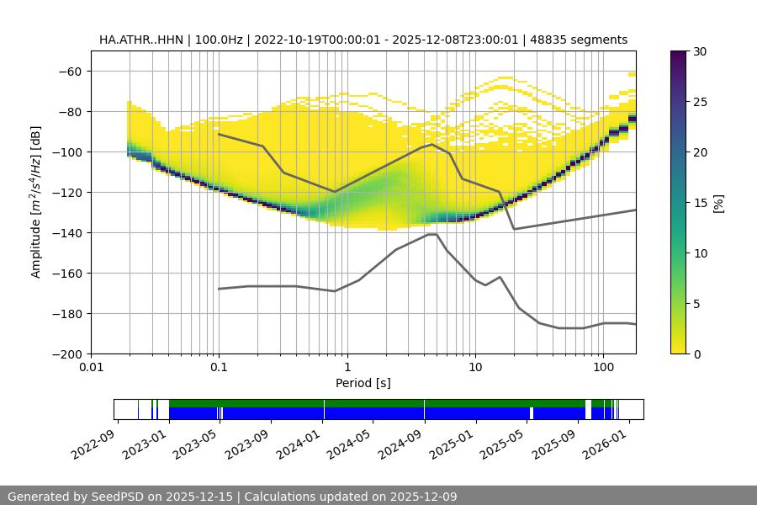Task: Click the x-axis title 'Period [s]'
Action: pyautogui.click(x=363, y=383)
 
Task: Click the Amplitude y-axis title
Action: pyautogui.click(x=36, y=203)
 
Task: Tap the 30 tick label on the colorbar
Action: pyautogui.click(x=699, y=51)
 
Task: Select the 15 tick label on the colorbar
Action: pyautogui.click(x=699, y=203)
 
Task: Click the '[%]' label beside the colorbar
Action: pyautogui.click(x=718, y=203)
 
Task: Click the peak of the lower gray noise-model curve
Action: pyautogui.click(x=431, y=234)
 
